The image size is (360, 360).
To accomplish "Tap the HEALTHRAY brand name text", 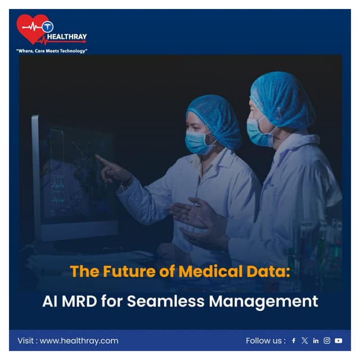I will tap(71, 37).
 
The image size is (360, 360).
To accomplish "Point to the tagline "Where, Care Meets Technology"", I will tap(52, 51).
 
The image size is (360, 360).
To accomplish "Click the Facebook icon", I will tap(294, 340).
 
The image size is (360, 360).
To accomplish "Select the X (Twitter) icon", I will tap(305, 340).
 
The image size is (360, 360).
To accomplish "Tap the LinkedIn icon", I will tap(316, 340).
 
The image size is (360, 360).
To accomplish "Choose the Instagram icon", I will tap(327, 340).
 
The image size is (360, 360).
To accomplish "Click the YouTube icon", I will tap(338, 340).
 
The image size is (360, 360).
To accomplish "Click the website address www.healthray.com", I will tap(79, 340).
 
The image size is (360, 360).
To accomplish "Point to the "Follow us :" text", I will tap(265, 340).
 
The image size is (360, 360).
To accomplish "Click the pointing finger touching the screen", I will tap(100, 159).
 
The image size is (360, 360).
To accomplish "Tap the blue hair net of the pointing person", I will tap(215, 115).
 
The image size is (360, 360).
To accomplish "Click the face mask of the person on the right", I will tap(258, 133).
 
